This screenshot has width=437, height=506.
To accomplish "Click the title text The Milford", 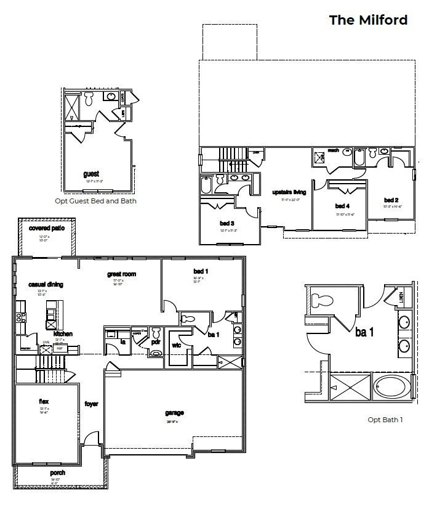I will point(368,20).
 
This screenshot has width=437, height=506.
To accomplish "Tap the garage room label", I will point(174,413).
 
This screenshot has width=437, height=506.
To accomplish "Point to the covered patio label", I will point(46,228).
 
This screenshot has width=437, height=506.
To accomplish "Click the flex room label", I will point(44,401).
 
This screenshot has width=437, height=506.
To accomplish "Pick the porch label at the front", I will point(58,473).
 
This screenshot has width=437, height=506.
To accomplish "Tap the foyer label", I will point(91,404).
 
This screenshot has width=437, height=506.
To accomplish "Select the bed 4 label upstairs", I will point(342,205).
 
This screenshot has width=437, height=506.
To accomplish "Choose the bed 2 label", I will point(391,200).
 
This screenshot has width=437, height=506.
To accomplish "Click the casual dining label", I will point(46,284).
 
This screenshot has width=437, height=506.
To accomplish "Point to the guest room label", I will point(91,174).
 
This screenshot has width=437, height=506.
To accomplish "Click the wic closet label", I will point(175,345).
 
